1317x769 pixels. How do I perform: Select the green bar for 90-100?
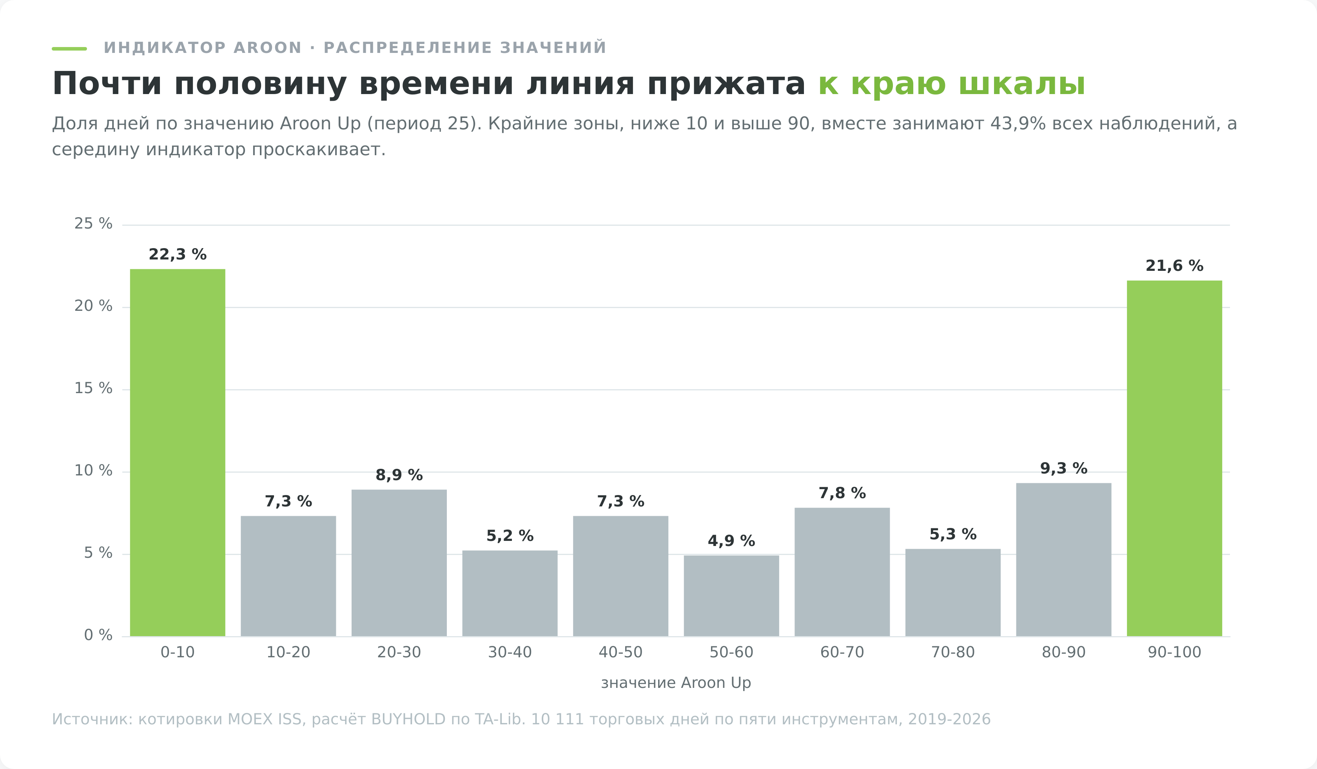1174,458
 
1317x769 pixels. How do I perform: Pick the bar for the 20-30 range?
399,563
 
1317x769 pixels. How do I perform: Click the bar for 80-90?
1063,560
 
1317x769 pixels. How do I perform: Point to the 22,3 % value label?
178,254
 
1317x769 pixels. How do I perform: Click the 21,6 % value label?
1174,266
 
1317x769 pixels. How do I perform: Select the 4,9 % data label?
731,541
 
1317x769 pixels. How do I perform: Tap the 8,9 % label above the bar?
399,475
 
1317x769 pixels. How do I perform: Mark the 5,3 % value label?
953,534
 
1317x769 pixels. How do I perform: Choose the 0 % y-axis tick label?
98,635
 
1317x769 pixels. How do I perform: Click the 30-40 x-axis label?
510,652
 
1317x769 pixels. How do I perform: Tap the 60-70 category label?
842,652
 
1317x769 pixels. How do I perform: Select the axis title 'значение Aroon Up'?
676,683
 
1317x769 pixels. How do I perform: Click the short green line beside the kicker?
69,49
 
